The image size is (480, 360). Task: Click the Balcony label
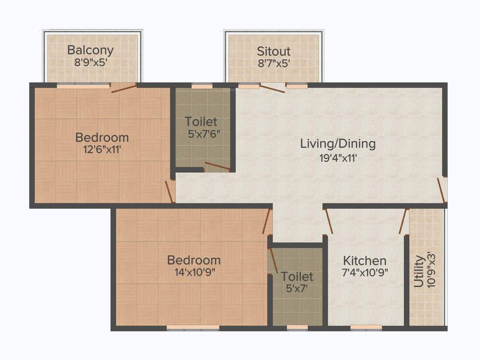click(x=90, y=50)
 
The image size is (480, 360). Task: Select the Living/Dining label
click(x=337, y=143)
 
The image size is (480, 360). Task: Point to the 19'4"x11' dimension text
click(x=338, y=158)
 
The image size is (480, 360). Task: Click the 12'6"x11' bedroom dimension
click(x=102, y=150)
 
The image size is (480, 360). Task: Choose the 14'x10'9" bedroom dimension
click(x=194, y=272)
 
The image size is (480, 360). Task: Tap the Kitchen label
click(x=365, y=261)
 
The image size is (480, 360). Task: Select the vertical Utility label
click(x=419, y=271)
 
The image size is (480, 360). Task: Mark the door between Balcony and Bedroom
click(x=124, y=88)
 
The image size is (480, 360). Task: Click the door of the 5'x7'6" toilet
click(x=217, y=166)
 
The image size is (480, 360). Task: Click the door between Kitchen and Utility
click(x=403, y=221)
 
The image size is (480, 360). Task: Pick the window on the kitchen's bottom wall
click(x=366, y=328)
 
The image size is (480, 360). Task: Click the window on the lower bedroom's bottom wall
click(x=193, y=328)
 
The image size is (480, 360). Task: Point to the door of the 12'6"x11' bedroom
click(x=170, y=191)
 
